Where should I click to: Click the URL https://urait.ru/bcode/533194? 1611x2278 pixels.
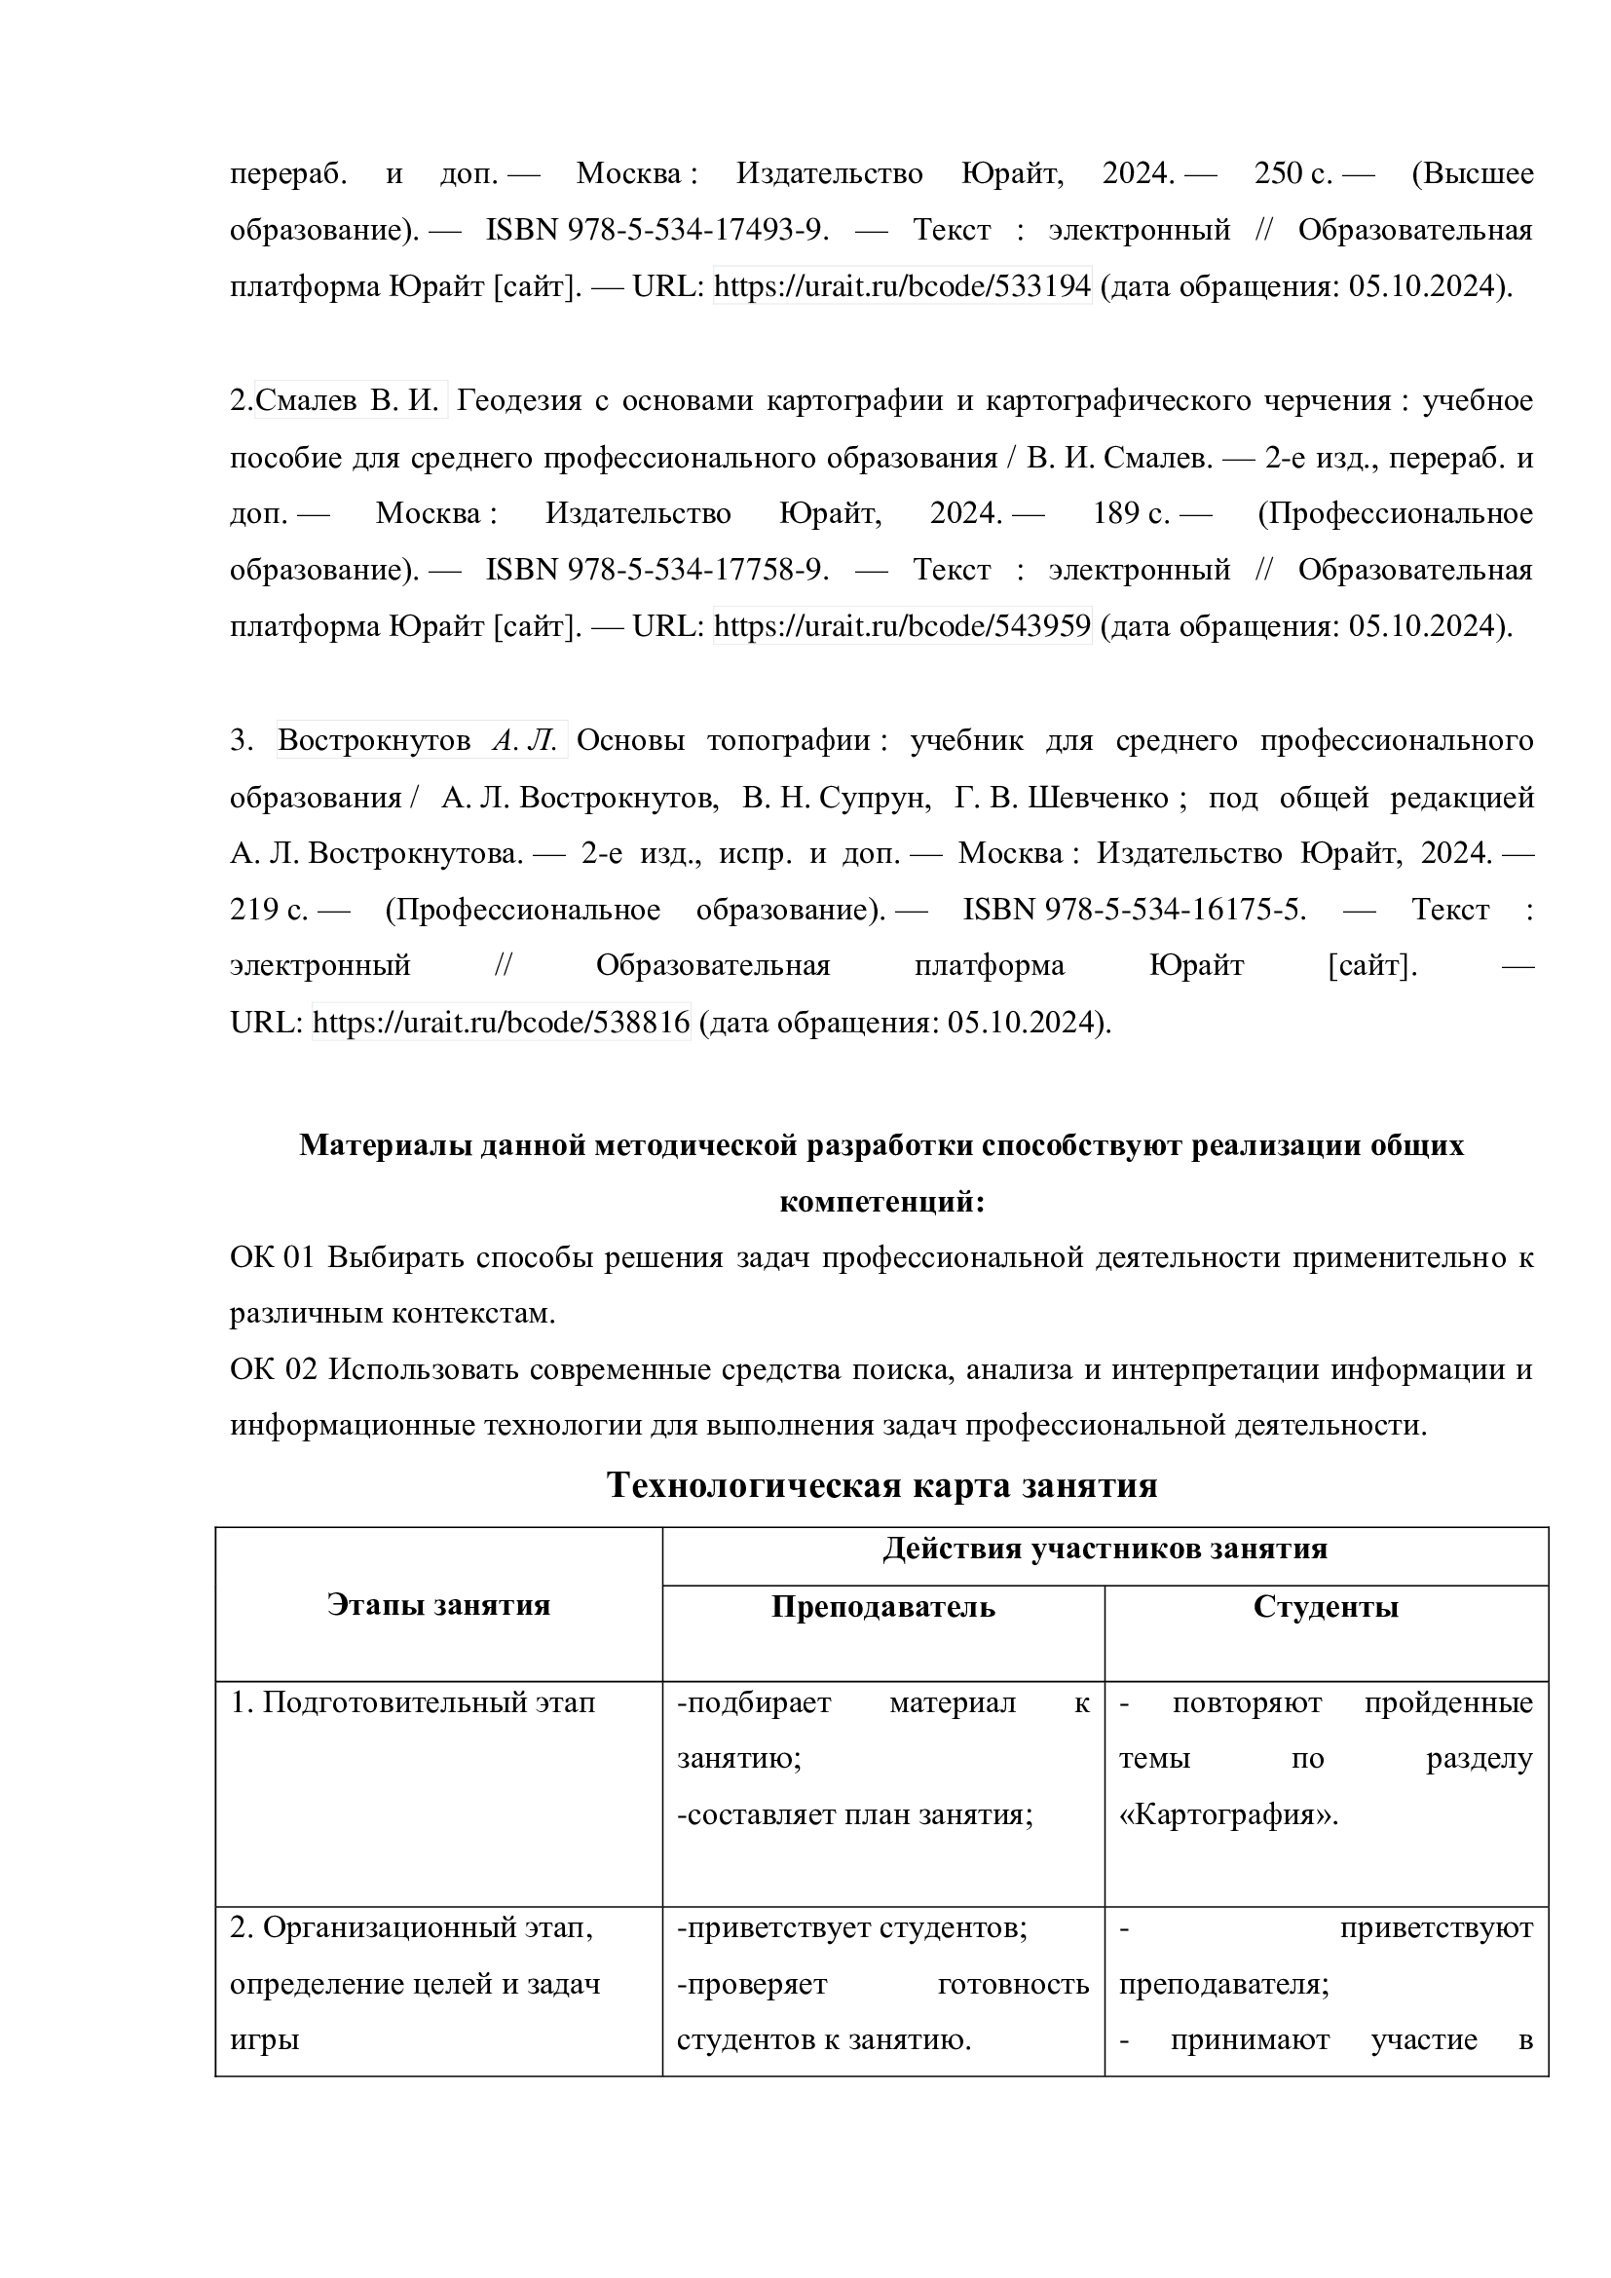902,286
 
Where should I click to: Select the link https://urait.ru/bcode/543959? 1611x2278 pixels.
902,626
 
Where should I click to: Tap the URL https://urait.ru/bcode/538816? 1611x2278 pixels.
501,1022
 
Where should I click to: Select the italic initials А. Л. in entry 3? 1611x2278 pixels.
530,740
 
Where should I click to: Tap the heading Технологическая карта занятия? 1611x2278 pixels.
881,1485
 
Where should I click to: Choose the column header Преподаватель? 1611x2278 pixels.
882,1606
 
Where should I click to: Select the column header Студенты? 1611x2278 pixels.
1326,1606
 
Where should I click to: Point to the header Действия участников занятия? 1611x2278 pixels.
1105,1549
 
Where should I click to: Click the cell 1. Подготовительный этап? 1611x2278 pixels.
414,1703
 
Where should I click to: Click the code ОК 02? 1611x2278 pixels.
273,1370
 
